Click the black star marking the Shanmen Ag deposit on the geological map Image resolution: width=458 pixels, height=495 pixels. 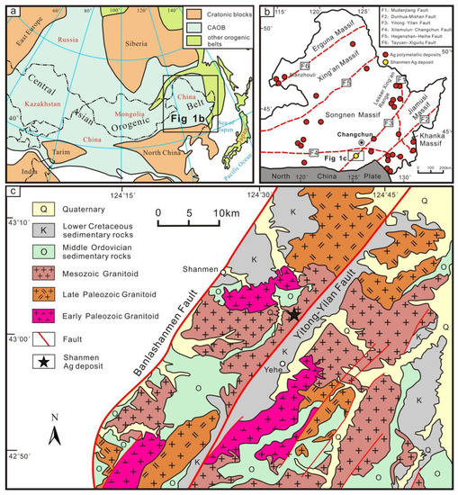coord(294,314)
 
